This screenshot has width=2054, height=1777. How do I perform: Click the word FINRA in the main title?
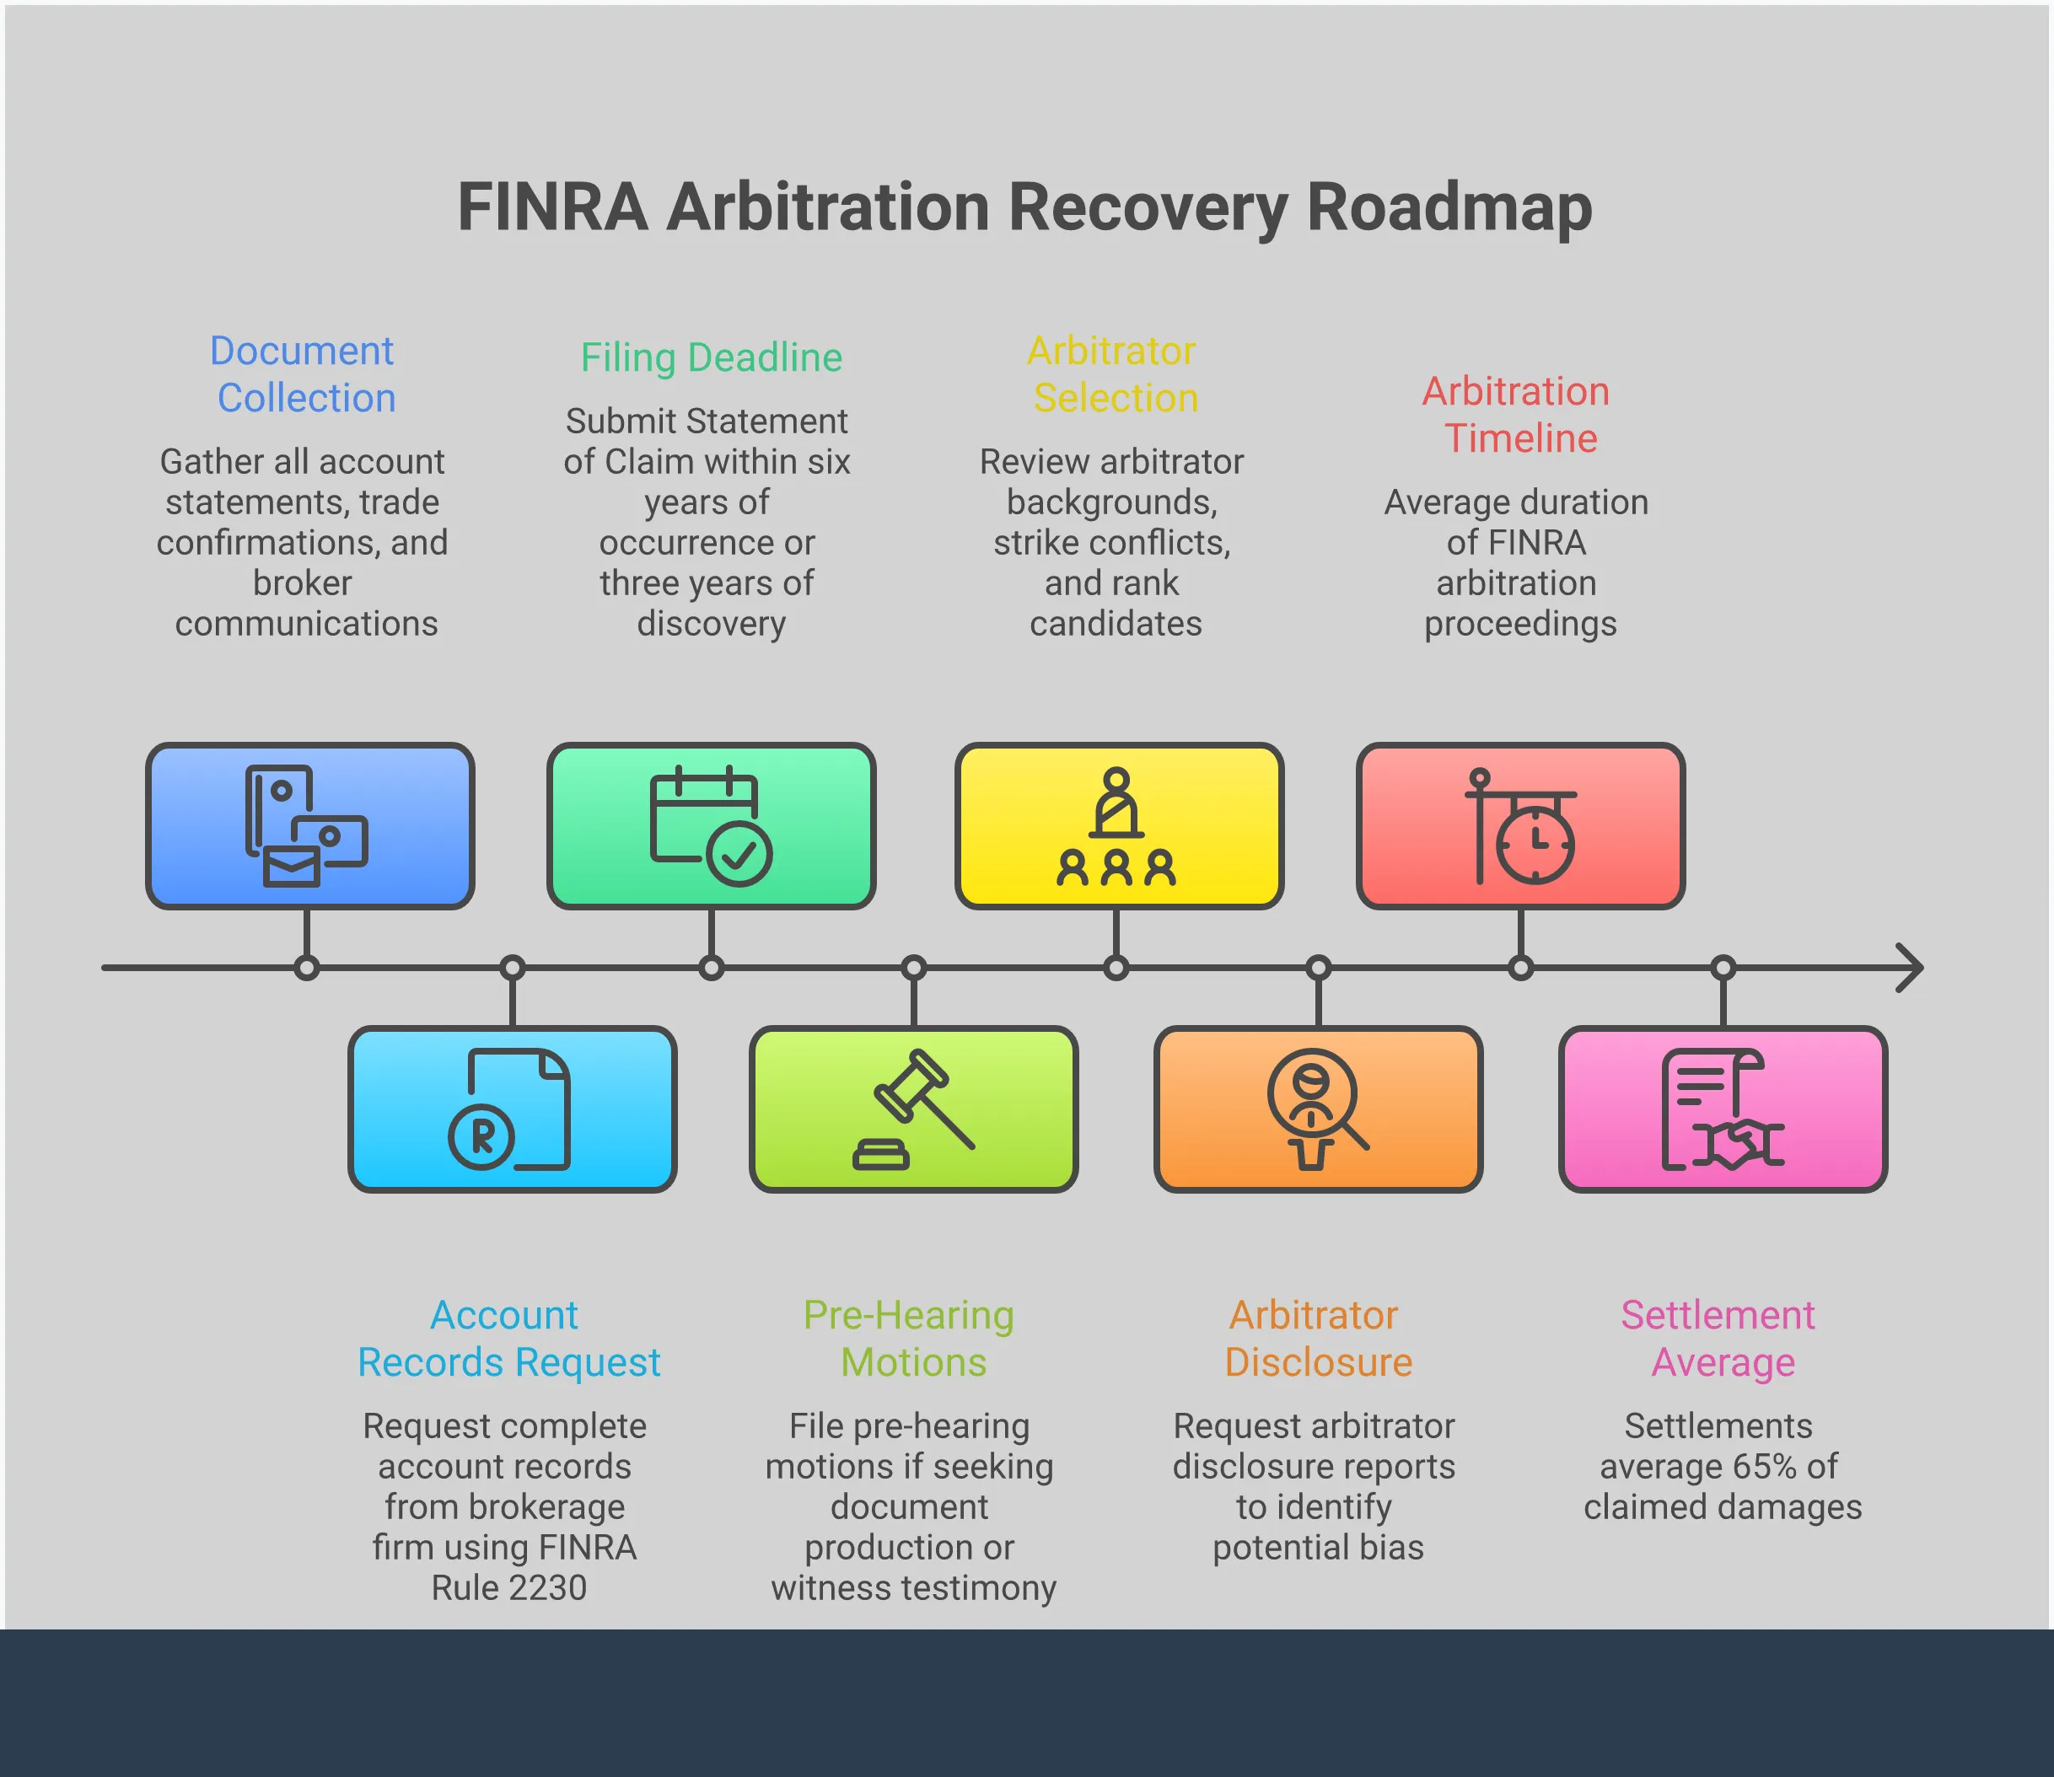pos(551,207)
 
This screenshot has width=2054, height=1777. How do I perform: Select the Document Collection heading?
pos(304,373)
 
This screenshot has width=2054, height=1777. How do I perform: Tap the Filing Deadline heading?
pos(711,357)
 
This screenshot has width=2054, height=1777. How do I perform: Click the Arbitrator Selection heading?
pos(1113,373)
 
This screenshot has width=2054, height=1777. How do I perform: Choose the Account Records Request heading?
pos(508,1338)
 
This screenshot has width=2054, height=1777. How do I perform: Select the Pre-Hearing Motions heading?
pos(910,1338)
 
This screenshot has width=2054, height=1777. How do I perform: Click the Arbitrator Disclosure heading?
pos(1316,1338)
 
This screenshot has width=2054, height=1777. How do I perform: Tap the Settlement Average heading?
pos(1720,1338)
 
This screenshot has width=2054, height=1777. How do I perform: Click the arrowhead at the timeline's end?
pos(1909,968)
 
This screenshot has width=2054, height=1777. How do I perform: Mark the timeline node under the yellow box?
pos(1116,968)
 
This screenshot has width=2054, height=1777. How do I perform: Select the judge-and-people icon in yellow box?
pos(1116,826)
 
